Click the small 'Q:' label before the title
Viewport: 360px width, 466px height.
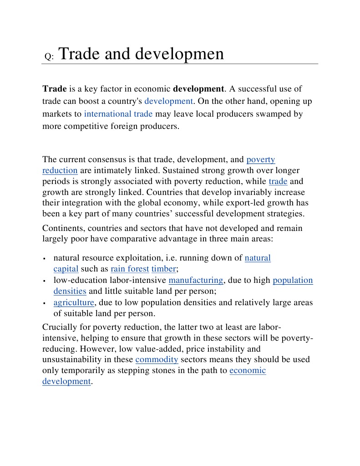click(49, 57)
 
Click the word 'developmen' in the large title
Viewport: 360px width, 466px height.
click(183, 54)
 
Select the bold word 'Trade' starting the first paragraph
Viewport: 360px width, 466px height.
click(55, 88)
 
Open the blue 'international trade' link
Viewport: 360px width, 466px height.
click(118, 114)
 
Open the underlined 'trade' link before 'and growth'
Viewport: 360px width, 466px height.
click(278, 181)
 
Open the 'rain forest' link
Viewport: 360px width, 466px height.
click(130, 269)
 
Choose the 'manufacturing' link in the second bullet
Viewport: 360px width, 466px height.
click(196, 280)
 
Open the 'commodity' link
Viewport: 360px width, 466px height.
click(157, 359)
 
